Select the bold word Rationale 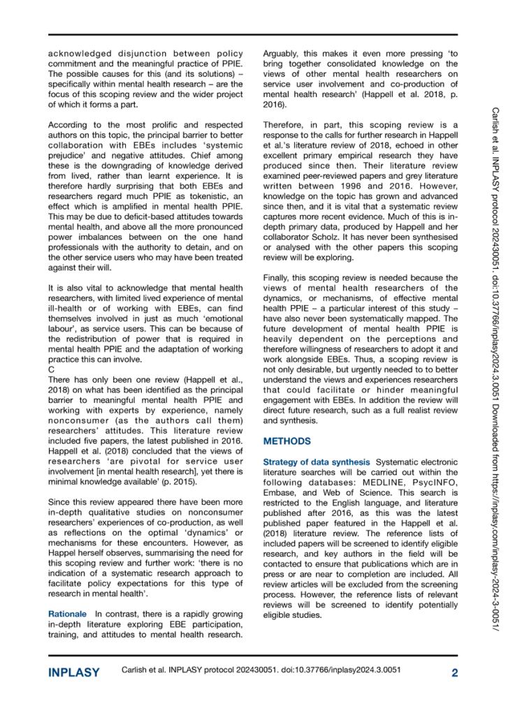click(x=67, y=594)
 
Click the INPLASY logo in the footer click(x=73, y=673)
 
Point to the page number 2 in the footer click(x=454, y=673)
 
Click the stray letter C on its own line click(x=51, y=368)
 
